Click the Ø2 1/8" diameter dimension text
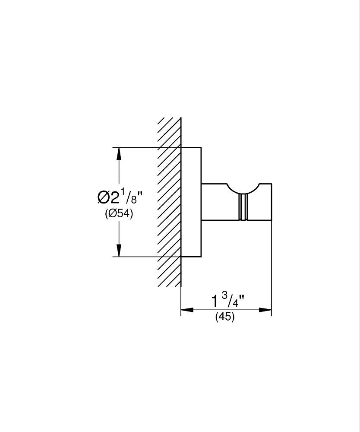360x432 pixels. [x=120, y=196]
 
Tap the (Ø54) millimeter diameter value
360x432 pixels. [x=119, y=213]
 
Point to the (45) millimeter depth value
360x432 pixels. [x=225, y=316]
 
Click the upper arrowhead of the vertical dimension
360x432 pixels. [x=119, y=154]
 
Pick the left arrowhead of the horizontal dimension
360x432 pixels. [x=187, y=310]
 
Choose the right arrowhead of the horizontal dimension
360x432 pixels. [x=265, y=310]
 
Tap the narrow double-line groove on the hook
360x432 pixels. [x=243, y=207]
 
